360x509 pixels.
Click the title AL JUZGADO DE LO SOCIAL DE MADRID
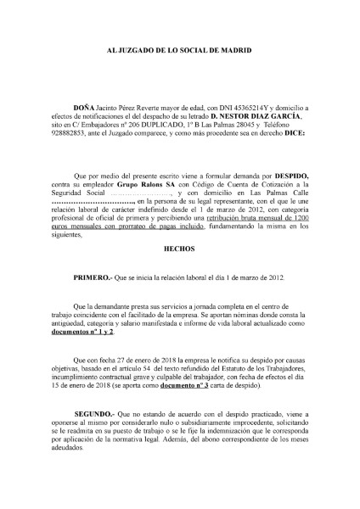pos(179,52)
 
